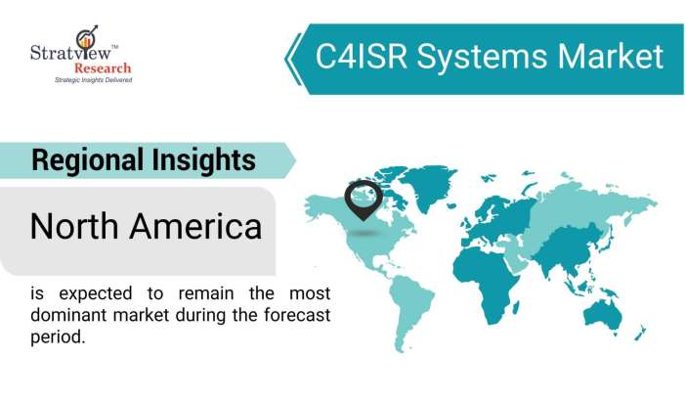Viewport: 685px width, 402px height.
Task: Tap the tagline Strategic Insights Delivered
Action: (92, 80)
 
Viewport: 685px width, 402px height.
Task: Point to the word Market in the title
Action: (606, 56)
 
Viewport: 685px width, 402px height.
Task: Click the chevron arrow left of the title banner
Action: (291, 58)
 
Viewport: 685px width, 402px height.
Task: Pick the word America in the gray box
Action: (200, 227)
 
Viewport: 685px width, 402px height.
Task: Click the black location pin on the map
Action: (364, 198)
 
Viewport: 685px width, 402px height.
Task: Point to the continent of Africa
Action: (497, 268)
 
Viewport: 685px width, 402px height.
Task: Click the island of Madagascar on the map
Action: (535, 303)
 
